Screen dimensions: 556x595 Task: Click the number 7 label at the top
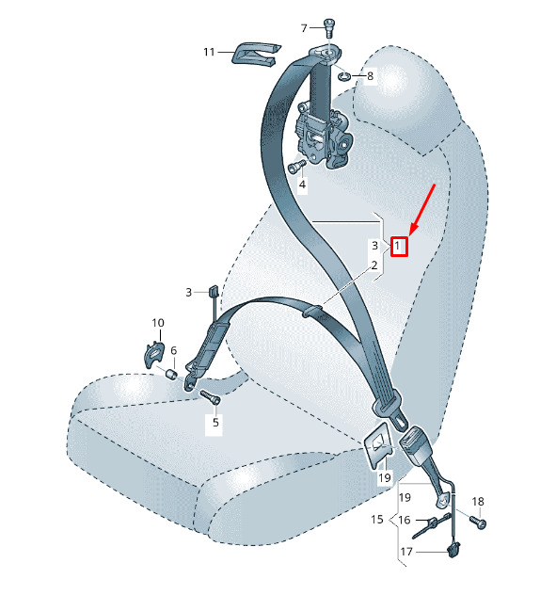click(x=304, y=28)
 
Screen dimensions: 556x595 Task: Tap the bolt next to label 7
click(x=328, y=27)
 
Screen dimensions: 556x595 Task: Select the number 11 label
click(x=209, y=52)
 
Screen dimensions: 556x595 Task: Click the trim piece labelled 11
click(x=256, y=54)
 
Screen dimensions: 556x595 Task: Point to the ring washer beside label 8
click(x=344, y=76)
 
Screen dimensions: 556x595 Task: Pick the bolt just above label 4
click(x=296, y=167)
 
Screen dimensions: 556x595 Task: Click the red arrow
click(x=421, y=209)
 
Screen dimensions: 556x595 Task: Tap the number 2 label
click(x=374, y=265)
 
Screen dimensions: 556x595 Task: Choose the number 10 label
click(x=158, y=323)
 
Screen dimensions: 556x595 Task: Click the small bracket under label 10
click(x=154, y=354)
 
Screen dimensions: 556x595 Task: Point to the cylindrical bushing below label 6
click(x=172, y=374)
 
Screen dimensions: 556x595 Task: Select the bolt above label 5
click(x=210, y=397)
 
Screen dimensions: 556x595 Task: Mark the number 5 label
click(x=215, y=422)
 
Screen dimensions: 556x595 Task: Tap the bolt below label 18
click(x=478, y=522)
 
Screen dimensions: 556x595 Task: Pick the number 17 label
click(x=406, y=552)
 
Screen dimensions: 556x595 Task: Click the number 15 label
click(x=377, y=519)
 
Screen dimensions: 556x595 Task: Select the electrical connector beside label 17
click(x=453, y=550)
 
